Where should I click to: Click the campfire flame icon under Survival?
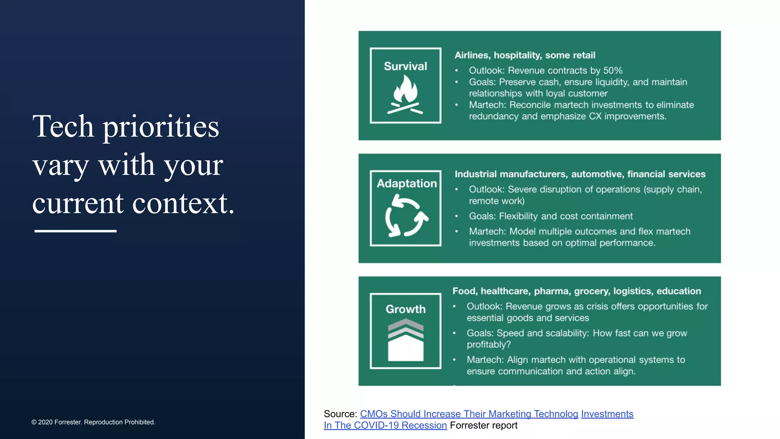405,95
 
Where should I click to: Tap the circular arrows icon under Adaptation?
406,216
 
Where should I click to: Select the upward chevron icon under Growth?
406,340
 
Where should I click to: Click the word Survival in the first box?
405,66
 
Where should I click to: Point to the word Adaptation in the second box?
406,183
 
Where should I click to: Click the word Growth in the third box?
405,309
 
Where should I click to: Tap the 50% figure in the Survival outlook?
612,70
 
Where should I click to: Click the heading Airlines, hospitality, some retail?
524,55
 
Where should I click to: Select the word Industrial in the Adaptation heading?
475,174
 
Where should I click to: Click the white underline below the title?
75,231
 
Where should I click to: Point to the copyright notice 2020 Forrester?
93,422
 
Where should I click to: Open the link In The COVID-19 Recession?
385,425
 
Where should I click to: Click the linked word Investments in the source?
607,414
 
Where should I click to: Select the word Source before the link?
339,414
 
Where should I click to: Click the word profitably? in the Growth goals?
488,344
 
